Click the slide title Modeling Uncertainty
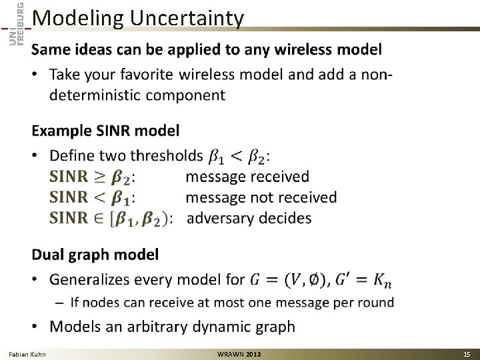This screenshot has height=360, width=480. coord(137,18)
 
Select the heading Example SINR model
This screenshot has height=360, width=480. coord(105,129)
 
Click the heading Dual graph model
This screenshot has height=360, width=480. coord(95,254)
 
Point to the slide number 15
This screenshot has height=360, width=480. coord(465,353)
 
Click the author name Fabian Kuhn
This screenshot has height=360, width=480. coord(27,353)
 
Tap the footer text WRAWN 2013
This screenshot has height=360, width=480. coord(239,353)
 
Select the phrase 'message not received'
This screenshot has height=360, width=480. coord(261,197)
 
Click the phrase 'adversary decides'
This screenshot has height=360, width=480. coord(249,218)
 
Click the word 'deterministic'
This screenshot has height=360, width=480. coord(95,95)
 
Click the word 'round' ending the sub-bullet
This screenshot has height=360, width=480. coord(376,302)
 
